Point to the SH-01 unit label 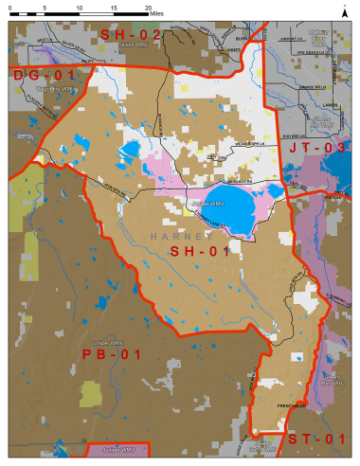pos(203,252)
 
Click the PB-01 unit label pos(113,354)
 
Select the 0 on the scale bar pos(11,7)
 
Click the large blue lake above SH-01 pos(243,203)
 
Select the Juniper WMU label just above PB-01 pos(101,341)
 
